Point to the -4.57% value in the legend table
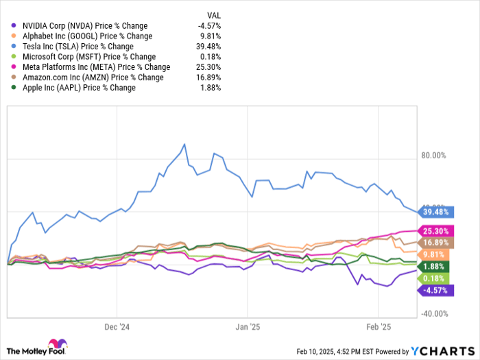click(209, 25)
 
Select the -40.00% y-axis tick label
click(434, 314)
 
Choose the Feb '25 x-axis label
click(379, 327)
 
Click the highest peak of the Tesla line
click(184, 145)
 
